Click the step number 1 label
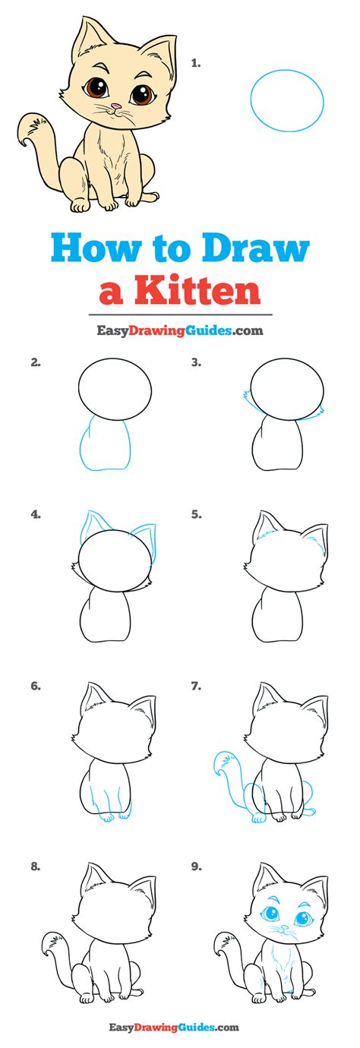(195, 65)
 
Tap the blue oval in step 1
(287, 99)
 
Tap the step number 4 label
(35, 514)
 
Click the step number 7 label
(195, 687)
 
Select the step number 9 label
(195, 865)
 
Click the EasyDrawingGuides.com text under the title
(180, 330)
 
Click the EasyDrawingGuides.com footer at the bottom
(179, 1027)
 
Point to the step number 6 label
(35, 687)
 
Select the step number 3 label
(195, 363)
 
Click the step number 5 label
(195, 514)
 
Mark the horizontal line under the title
(180, 314)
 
